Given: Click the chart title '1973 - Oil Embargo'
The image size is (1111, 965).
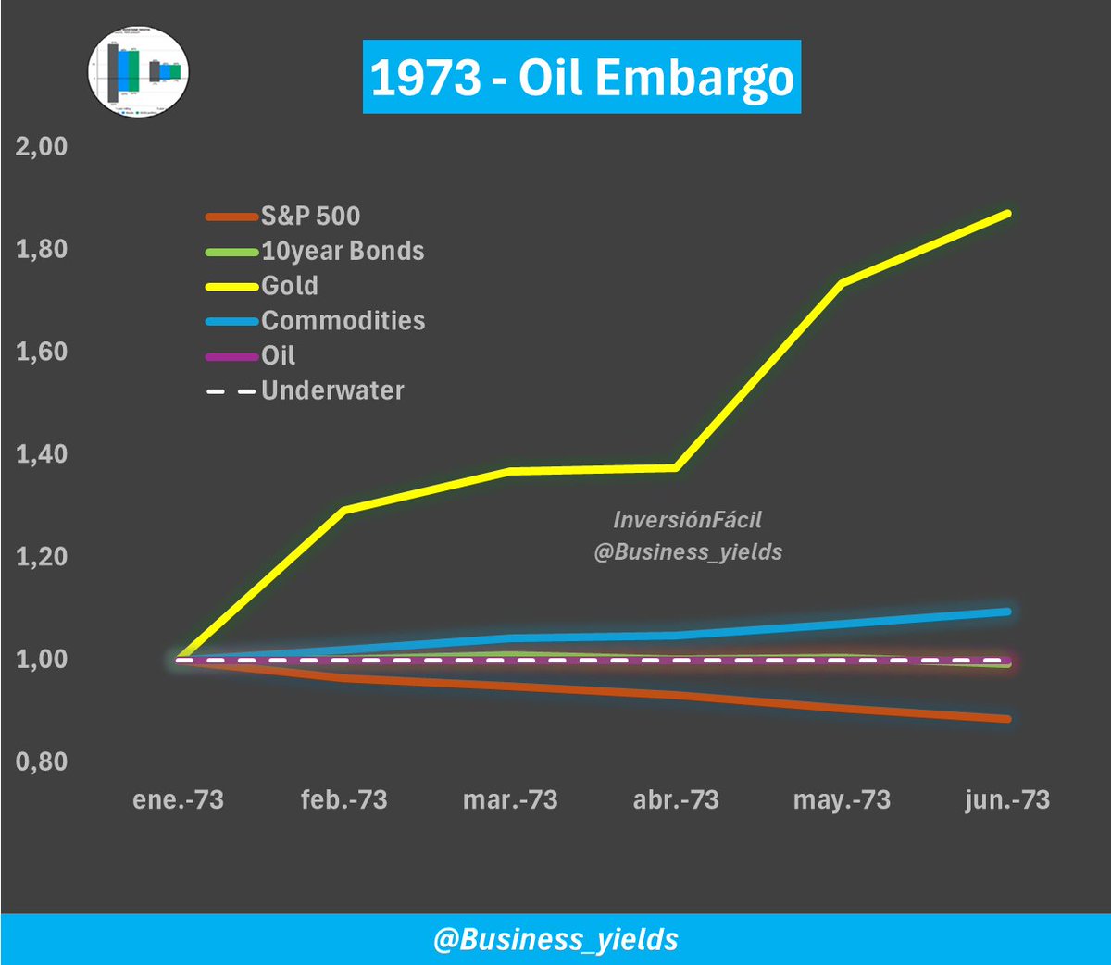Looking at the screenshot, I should [x=581, y=78].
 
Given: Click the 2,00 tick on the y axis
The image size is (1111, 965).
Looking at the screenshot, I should [x=42, y=147].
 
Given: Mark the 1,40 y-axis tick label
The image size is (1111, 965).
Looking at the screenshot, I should [x=42, y=454].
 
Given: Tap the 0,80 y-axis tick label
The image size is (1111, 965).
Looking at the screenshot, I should [x=42, y=761].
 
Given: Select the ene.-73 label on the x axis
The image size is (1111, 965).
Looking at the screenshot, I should [x=178, y=800].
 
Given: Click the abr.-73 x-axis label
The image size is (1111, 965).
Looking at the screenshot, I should [x=676, y=800].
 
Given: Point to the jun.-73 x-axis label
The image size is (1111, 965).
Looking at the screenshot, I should [x=1007, y=800].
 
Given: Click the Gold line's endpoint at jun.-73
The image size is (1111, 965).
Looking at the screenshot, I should [x=1007, y=214].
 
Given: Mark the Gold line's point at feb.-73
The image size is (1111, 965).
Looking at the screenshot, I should [x=344, y=510].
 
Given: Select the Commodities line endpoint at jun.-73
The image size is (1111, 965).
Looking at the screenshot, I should [x=1007, y=612].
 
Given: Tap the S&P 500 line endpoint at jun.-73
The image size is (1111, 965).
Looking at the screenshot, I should [x=1007, y=719].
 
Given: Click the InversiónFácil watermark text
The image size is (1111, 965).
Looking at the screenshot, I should [x=687, y=520].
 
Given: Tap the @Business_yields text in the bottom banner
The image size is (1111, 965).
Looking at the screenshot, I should [x=555, y=940].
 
